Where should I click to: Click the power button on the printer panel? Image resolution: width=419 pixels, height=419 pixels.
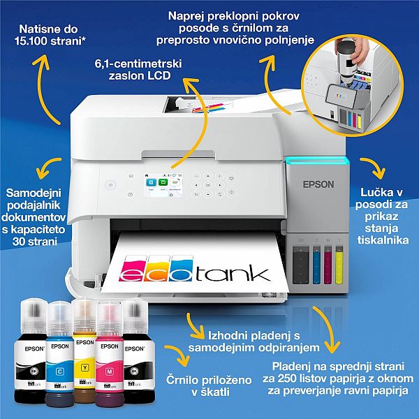110,185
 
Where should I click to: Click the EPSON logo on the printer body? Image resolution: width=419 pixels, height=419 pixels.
318,185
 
